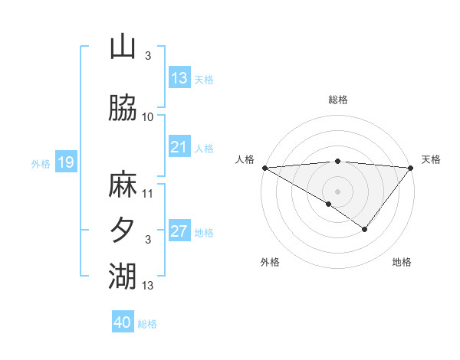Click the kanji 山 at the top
point(123,47)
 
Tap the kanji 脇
point(123,108)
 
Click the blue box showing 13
point(179,78)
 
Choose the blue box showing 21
point(179,147)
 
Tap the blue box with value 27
point(179,231)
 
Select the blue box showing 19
point(66,162)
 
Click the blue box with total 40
point(123,322)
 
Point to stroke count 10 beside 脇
point(148,117)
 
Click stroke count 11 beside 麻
point(148,193)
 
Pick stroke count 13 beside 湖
point(148,286)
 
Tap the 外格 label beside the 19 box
point(41,163)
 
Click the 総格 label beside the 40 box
point(147,323)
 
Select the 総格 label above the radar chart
point(337,100)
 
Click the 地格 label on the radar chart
point(402,262)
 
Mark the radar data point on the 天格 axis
point(411,168)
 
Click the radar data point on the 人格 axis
point(264,168)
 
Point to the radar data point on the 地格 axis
point(365,229)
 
